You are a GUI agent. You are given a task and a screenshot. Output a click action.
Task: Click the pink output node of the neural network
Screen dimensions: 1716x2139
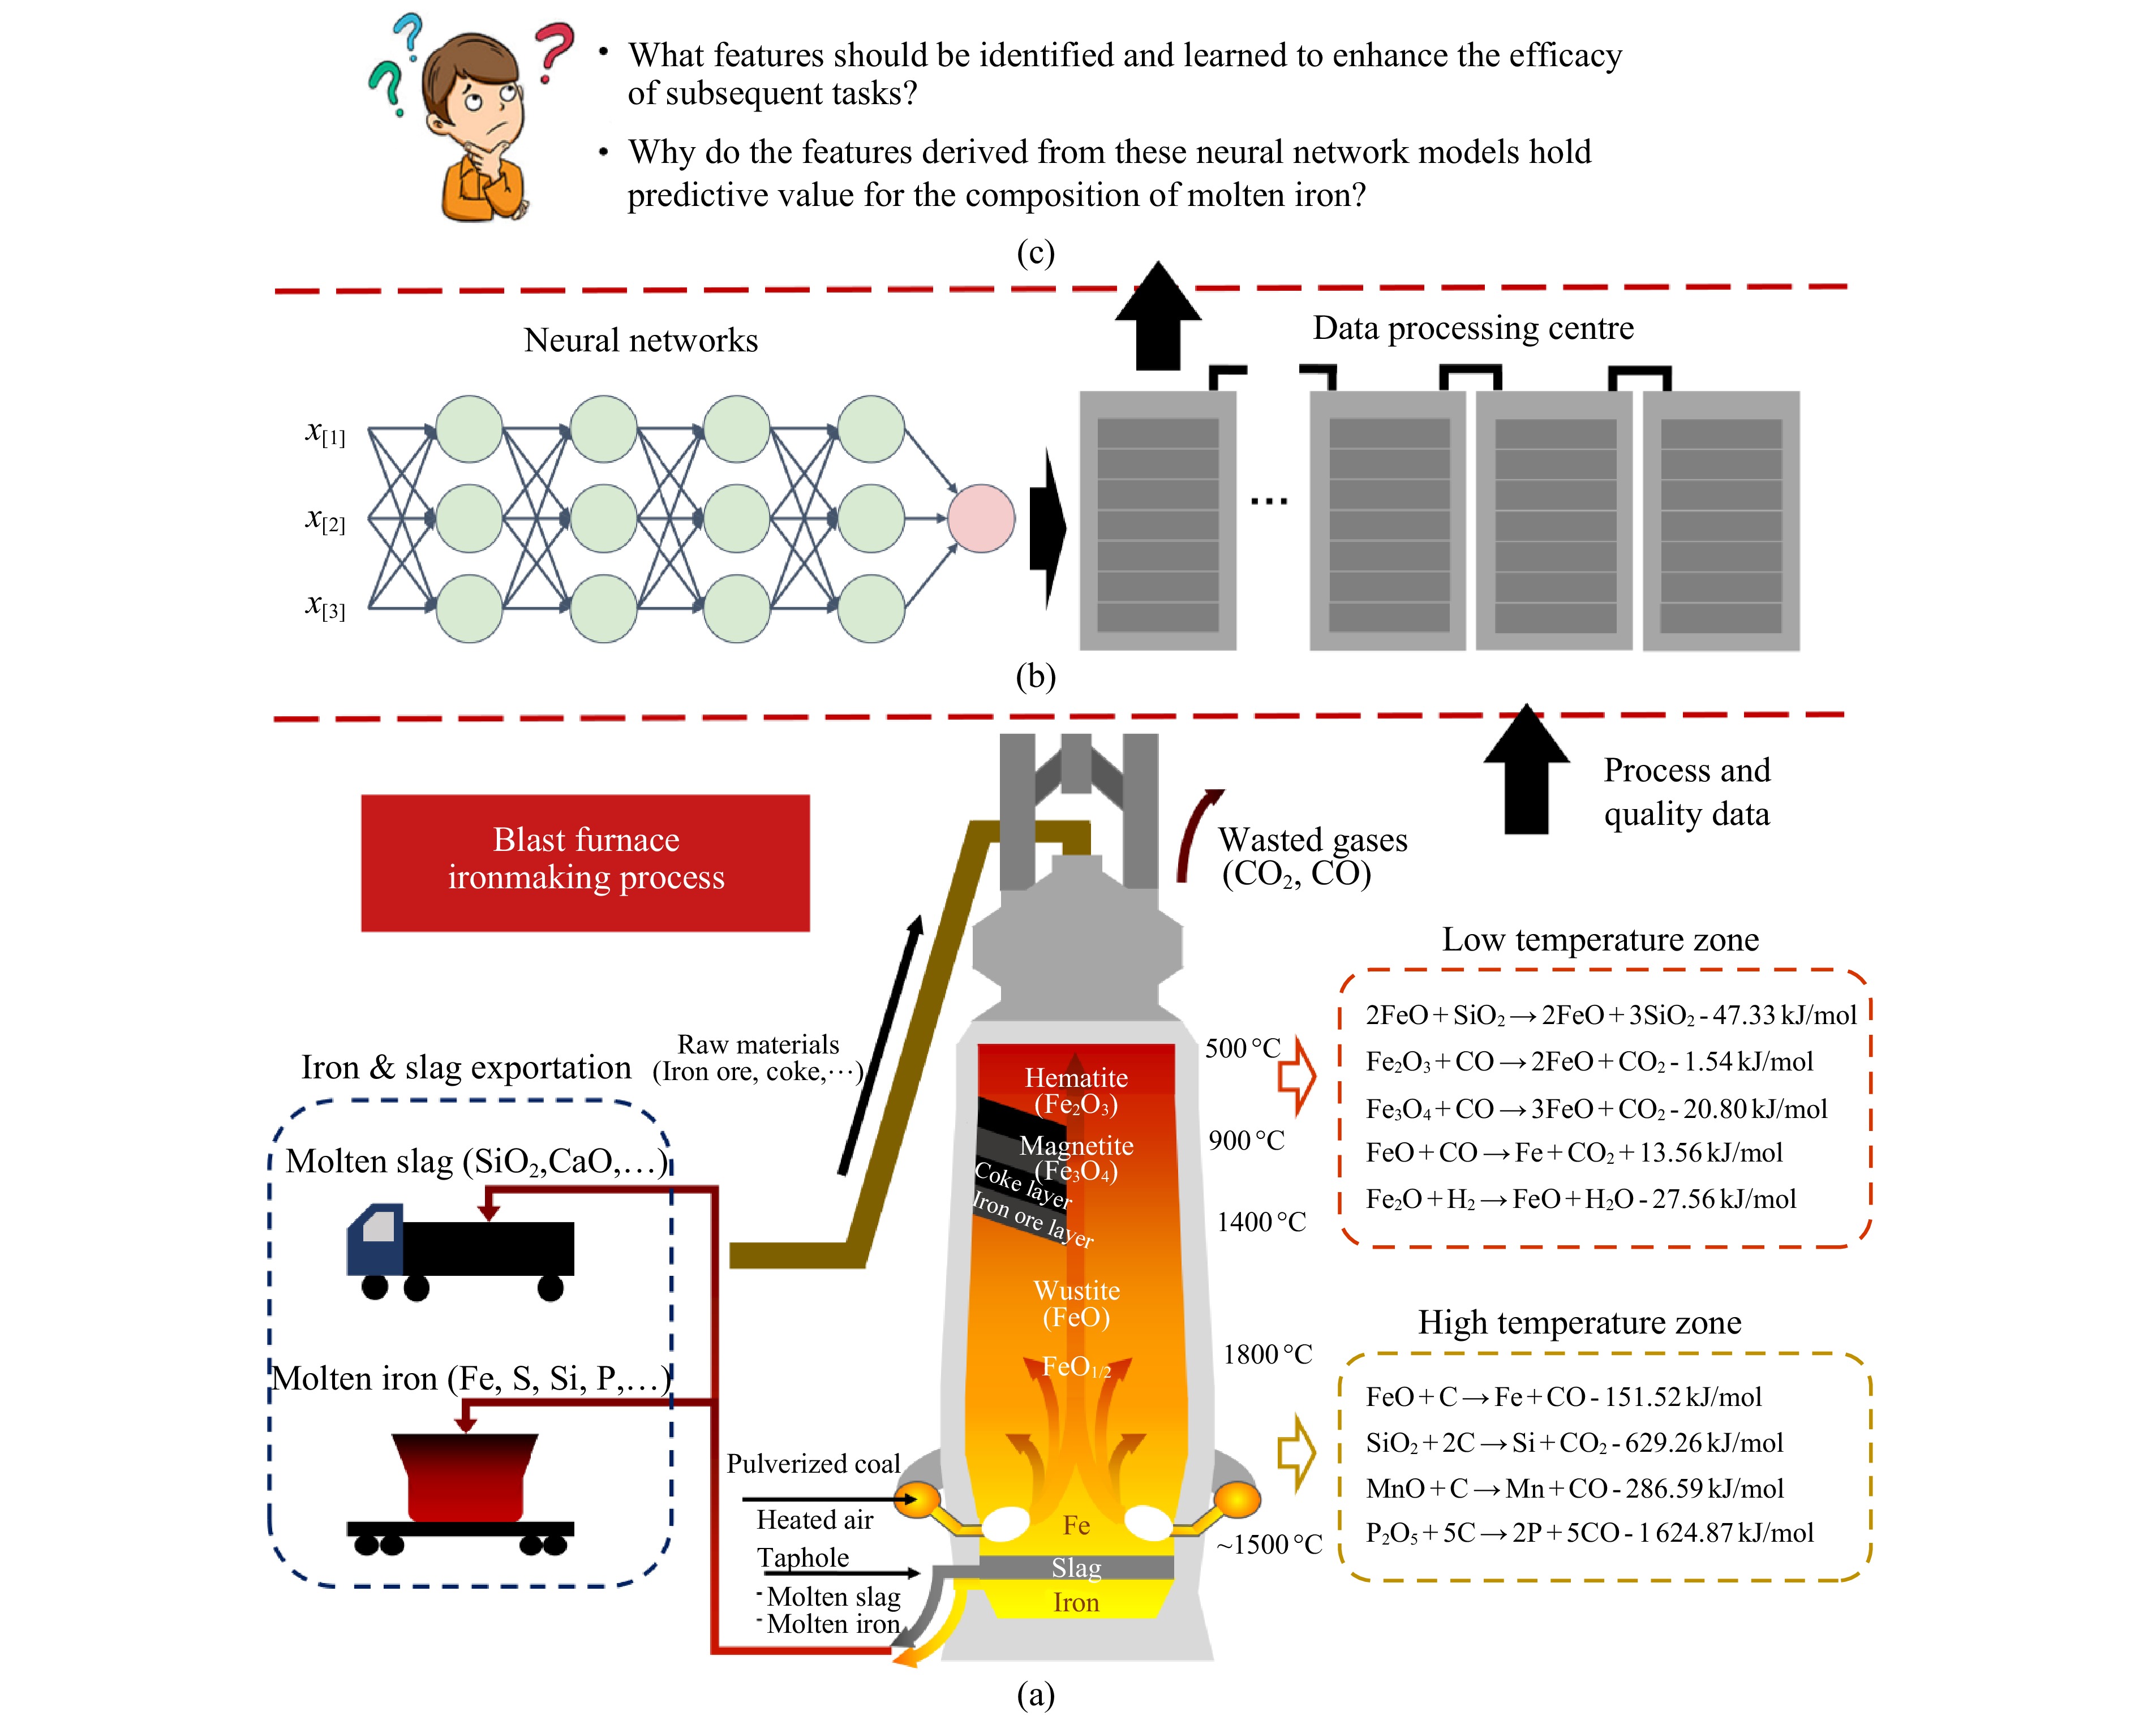(x=980, y=518)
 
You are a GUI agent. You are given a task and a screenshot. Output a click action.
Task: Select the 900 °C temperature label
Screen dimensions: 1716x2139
(x=1246, y=1141)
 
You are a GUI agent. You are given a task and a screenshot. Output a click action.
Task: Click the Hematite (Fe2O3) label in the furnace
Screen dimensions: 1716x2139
(x=1076, y=1090)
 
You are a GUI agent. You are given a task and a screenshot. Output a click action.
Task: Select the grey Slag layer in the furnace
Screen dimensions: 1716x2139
(x=1076, y=1567)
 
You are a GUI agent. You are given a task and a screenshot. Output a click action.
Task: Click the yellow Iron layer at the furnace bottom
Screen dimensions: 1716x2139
(x=1076, y=1602)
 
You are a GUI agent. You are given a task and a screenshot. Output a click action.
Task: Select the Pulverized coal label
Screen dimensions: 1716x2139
(x=813, y=1464)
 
